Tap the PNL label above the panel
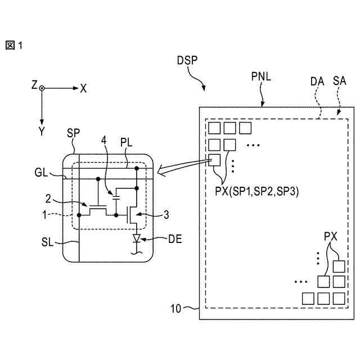(x=261, y=76)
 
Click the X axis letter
(x=83, y=88)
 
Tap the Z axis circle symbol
(x=42, y=88)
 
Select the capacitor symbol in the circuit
(x=116, y=198)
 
